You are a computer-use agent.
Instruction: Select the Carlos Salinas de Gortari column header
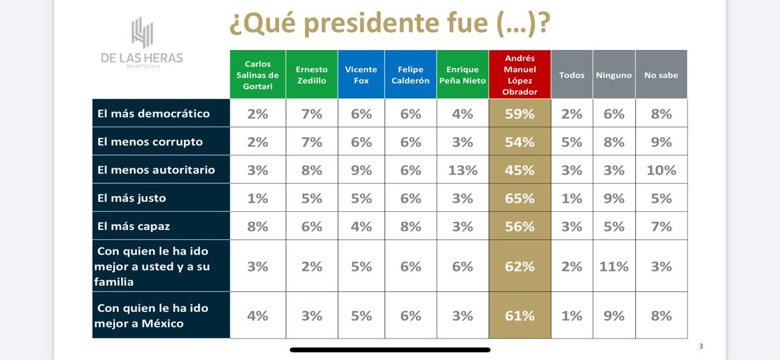coord(257,75)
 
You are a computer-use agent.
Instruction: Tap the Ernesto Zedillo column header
coord(311,75)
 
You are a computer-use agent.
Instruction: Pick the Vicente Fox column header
coord(361,75)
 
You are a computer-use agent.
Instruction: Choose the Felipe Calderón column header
coord(410,75)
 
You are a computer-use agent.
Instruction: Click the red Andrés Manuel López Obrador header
coord(519,75)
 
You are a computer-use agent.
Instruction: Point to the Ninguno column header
coord(614,75)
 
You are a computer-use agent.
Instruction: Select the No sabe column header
coord(660,75)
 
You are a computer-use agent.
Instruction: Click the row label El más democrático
coord(153,113)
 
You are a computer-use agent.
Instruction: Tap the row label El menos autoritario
coord(156,170)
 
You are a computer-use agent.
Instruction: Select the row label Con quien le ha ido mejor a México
coord(153,315)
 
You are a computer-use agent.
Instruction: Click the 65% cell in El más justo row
coord(519,198)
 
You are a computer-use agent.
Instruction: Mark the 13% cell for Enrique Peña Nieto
coord(462,170)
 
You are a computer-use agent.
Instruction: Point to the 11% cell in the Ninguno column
coord(614,266)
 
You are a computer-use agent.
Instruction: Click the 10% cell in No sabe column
coord(660,170)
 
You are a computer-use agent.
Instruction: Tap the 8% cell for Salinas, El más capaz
coord(257,226)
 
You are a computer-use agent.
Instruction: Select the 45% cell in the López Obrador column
coord(519,170)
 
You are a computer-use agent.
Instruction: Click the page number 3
coord(701,346)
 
